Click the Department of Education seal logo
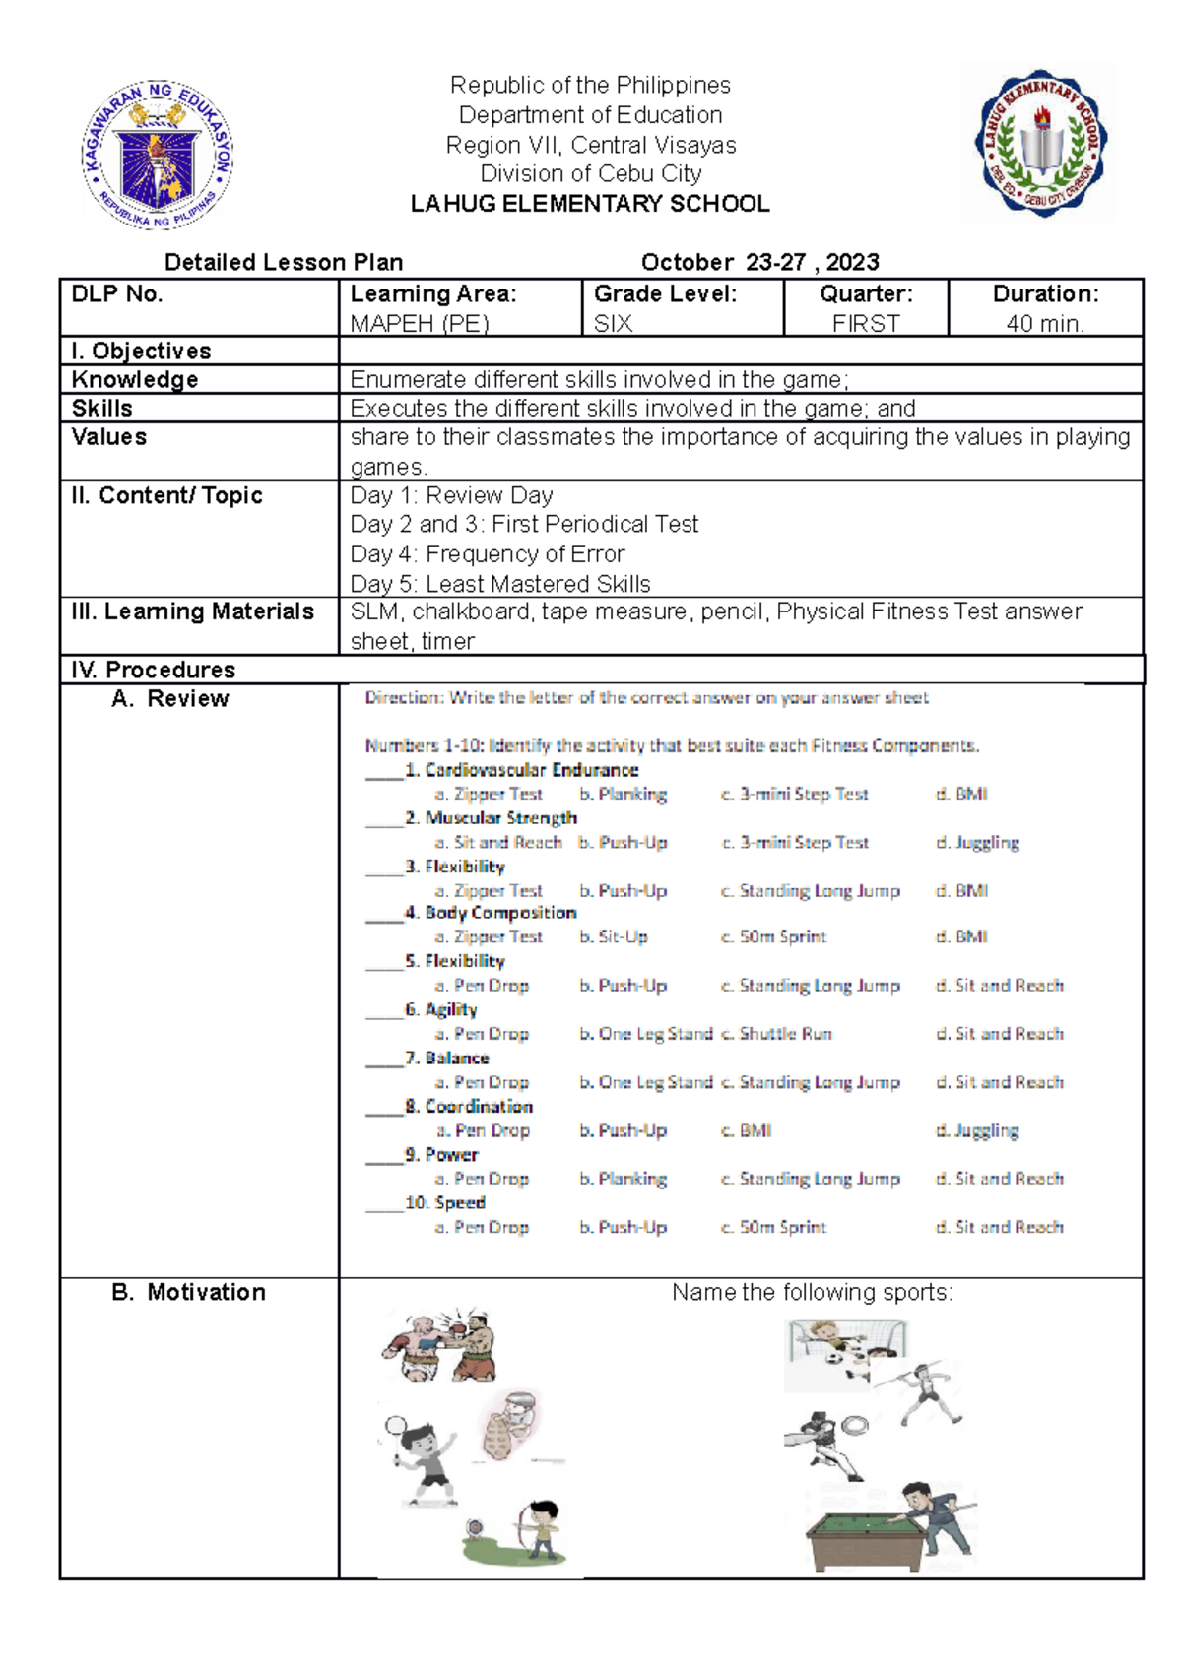coord(158,155)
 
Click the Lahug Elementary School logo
coord(1039,144)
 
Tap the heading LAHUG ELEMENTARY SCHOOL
coord(590,204)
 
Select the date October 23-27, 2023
coord(759,262)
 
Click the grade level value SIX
coord(613,323)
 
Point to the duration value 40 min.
coord(1045,323)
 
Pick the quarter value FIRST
coord(866,323)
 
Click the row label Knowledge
coord(135,380)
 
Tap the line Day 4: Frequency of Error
coord(488,553)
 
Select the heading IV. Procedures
coord(154,670)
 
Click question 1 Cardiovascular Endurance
coord(521,770)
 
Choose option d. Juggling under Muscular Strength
coord(977,843)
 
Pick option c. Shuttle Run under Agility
coord(776,1034)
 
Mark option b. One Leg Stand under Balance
coord(645,1082)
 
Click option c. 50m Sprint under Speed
coord(773,1227)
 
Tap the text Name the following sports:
coord(812,1292)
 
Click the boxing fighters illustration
coord(439,1344)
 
